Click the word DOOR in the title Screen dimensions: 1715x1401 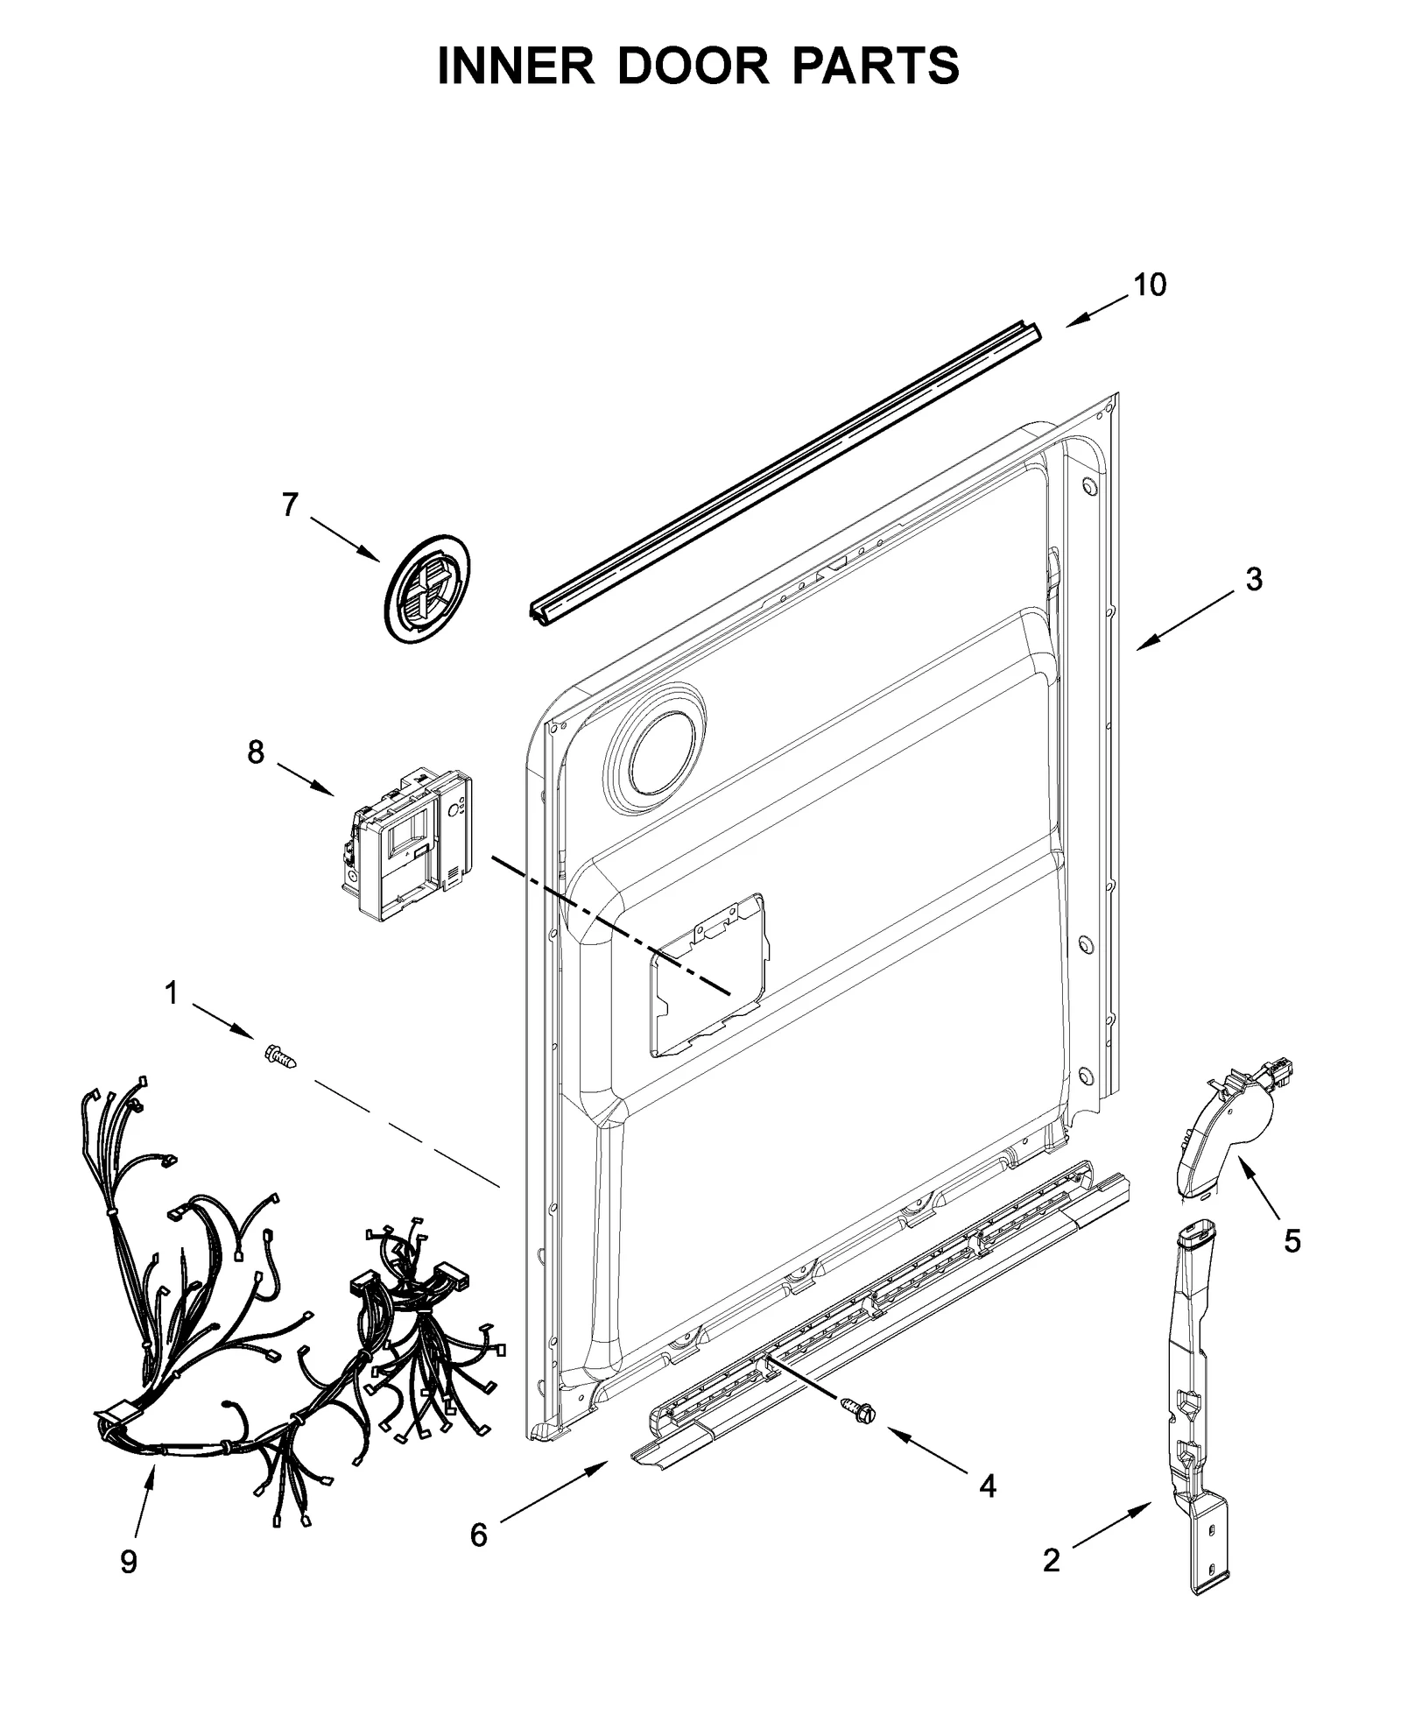click(x=693, y=66)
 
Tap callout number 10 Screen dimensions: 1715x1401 click(x=1150, y=285)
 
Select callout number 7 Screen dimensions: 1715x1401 click(x=290, y=505)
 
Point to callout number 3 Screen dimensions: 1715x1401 click(x=1254, y=579)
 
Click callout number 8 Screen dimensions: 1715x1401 click(x=255, y=752)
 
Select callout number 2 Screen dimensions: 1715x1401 click(x=1051, y=1559)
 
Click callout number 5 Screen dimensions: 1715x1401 click(x=1292, y=1240)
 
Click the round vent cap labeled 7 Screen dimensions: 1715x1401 click(x=426, y=589)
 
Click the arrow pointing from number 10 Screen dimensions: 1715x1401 click(x=1098, y=311)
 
